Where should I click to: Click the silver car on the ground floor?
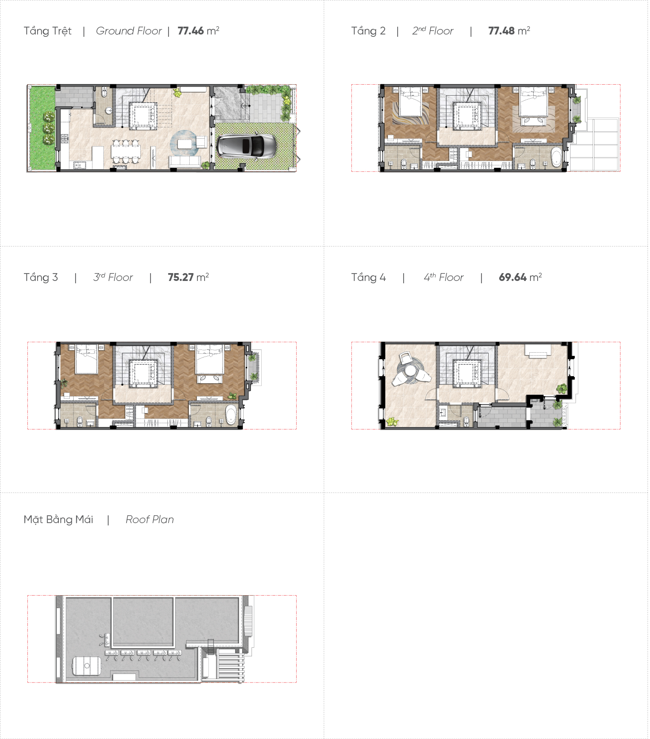(246, 146)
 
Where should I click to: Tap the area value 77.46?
(190, 31)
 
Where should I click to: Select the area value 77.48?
(501, 31)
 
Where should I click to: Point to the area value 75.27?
(181, 277)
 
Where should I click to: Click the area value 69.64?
(512, 277)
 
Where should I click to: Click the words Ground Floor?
(129, 31)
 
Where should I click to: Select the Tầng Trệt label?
(47, 31)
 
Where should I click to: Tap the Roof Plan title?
(150, 520)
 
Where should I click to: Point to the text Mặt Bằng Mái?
(58, 520)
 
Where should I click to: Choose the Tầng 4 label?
(368, 277)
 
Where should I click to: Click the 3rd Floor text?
(113, 277)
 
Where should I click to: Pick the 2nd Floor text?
(433, 31)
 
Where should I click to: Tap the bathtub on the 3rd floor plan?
(231, 415)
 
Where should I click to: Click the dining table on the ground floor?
(125, 151)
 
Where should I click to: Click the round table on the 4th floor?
(410, 370)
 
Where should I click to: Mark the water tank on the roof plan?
(87, 666)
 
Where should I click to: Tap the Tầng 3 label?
(41, 277)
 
